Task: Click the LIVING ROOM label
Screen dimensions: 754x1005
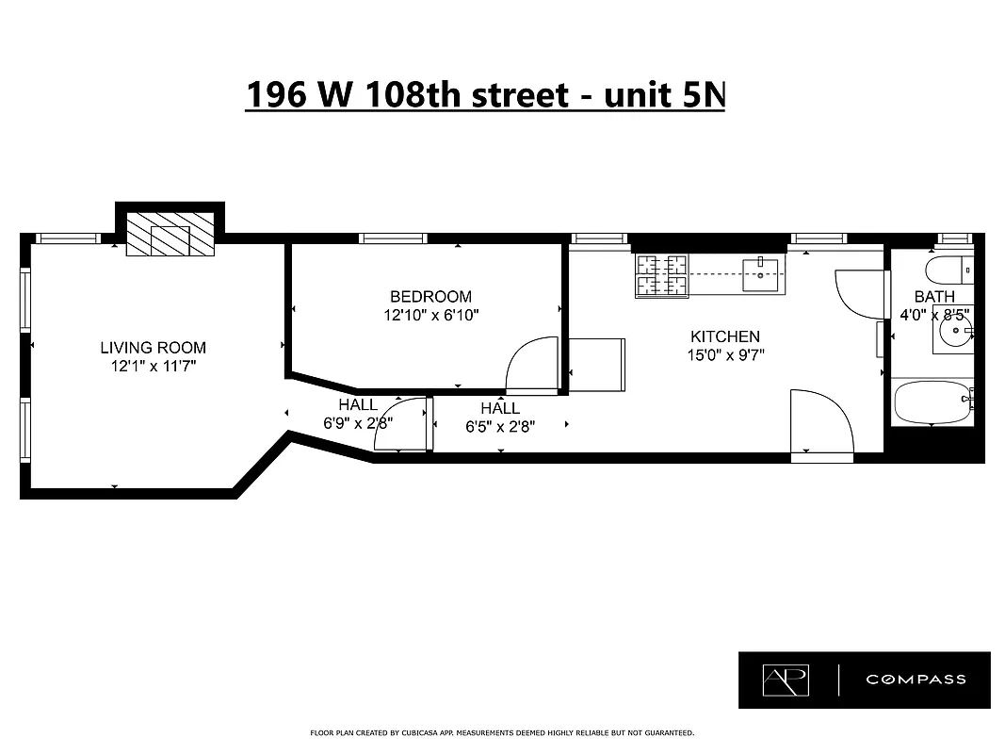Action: click(153, 348)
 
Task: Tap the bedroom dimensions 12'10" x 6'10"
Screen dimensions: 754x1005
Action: click(431, 316)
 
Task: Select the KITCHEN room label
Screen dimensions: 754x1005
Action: click(724, 336)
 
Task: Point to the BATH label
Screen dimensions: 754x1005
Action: click(933, 297)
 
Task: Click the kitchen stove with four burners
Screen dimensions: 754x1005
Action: click(661, 275)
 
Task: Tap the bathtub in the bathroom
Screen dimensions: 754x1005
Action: click(932, 402)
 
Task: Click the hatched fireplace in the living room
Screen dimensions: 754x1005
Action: click(170, 234)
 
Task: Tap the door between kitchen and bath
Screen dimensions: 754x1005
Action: click(859, 293)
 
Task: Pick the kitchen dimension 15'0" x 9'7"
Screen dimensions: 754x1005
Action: click(724, 355)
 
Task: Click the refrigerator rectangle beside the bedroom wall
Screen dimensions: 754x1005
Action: click(597, 364)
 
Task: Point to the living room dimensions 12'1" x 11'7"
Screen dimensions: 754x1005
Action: click(153, 367)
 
